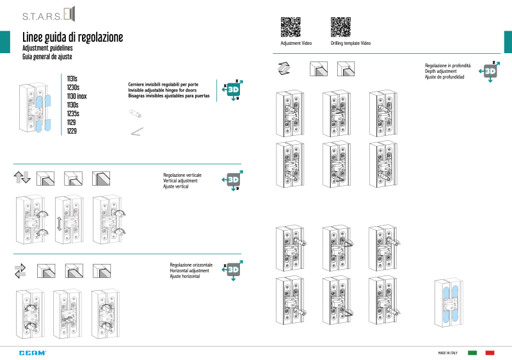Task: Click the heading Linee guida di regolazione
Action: [72, 37]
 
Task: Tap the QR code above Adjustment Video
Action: [291, 27]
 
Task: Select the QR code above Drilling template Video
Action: [340, 27]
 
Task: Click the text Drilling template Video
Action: [350, 44]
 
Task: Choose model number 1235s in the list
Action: [74, 113]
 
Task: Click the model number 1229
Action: [72, 131]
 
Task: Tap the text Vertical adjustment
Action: [180, 181]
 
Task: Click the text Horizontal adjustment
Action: [189, 271]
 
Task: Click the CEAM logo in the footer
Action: [32, 353]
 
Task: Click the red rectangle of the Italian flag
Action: [490, 353]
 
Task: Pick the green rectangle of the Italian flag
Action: [473, 353]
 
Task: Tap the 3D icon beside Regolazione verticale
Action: [232, 181]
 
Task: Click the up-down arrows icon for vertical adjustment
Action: [22, 178]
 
